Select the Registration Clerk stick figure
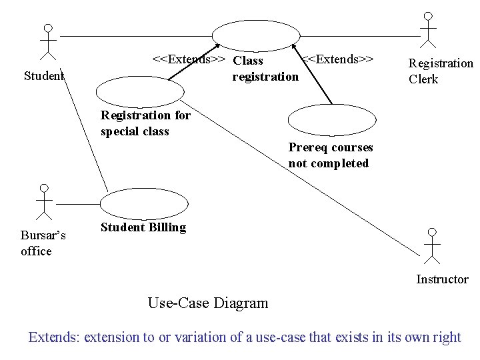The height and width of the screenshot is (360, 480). tap(427, 29)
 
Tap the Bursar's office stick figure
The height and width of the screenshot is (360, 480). tap(44, 202)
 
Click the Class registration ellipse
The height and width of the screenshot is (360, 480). tap(255, 34)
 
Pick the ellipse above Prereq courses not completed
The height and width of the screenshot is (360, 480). tap(331, 120)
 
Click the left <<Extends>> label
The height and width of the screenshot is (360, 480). tap(189, 59)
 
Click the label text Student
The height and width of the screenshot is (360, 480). tap(44, 76)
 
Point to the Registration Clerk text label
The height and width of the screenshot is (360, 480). tap(440, 71)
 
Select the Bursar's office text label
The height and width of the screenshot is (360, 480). tap(42, 243)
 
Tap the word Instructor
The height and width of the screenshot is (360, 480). tap(442, 279)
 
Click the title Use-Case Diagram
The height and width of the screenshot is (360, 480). tap(208, 303)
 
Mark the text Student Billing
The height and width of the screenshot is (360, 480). tap(143, 227)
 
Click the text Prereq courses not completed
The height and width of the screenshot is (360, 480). tap(331, 155)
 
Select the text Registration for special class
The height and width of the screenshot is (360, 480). tap(145, 123)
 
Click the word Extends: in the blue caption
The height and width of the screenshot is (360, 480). tap(54, 337)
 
